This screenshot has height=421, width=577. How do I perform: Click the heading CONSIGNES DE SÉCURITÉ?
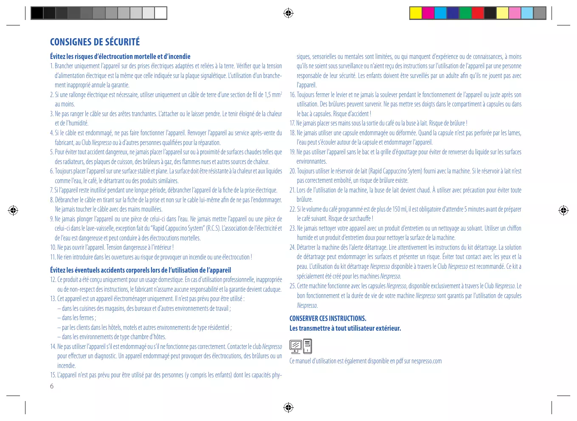[95, 42]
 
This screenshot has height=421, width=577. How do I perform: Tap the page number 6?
[52, 386]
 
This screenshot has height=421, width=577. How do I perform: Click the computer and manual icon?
[301, 346]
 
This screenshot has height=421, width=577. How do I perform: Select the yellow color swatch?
[416, 13]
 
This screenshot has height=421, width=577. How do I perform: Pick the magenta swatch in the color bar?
[428, 13]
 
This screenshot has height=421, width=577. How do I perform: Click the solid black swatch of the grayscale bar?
[37, 13]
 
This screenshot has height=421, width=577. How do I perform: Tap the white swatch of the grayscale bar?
[160, 13]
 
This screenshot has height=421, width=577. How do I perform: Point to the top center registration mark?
[288, 13]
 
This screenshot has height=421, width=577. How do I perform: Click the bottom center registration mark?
[288, 408]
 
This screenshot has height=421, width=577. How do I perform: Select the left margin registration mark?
[13, 210]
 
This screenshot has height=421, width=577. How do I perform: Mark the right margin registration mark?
[563, 210]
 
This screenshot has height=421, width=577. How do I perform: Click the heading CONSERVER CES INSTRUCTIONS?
[328, 318]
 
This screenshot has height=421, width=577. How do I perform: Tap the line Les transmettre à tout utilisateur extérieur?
[345, 328]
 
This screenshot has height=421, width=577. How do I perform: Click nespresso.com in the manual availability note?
[426, 361]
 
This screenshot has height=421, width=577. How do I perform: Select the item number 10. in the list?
[53, 248]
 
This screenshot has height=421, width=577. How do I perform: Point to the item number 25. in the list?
[293, 286]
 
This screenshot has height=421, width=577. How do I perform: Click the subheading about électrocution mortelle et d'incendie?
[120, 56]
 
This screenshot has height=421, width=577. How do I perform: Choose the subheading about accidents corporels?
[141, 270]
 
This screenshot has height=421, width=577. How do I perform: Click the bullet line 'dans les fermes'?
[79, 318]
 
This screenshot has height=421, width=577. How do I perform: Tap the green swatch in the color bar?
[465, 13]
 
